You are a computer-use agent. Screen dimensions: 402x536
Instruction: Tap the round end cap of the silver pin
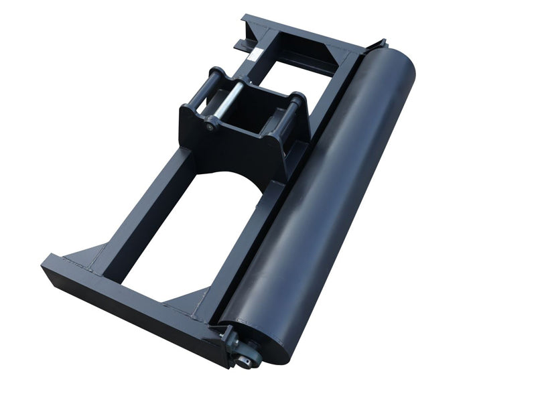tap(212, 125)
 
